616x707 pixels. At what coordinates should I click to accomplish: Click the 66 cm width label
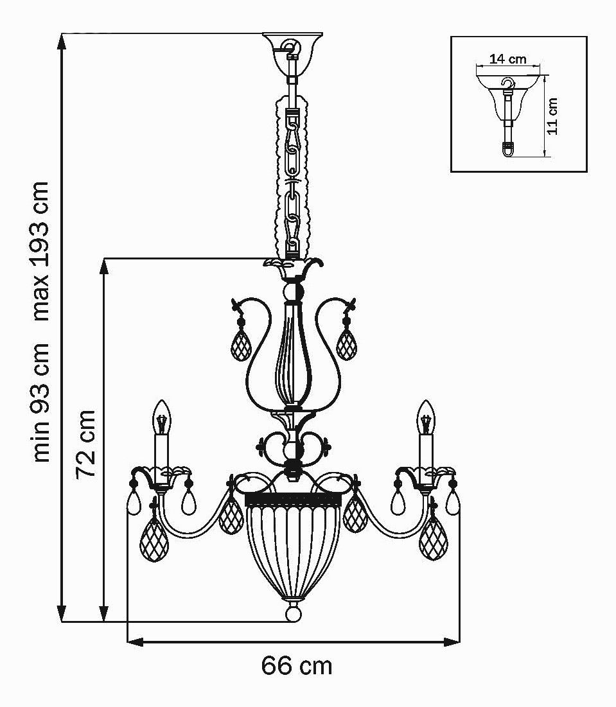coord(296,666)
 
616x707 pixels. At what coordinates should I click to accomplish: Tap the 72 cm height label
coord(85,444)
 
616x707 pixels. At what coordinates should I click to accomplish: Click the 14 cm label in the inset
coord(508,58)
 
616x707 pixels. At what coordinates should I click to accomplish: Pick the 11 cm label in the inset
coord(552,116)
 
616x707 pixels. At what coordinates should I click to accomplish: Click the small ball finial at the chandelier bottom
coord(294,613)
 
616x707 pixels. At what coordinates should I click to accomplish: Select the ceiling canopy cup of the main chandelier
coord(293,51)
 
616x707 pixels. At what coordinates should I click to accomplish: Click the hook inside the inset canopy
coord(508,84)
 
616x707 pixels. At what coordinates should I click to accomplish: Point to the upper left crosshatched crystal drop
coord(240,345)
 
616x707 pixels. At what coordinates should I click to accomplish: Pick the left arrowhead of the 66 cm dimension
coord(136,642)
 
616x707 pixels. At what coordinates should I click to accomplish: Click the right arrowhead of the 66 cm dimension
coord(452,642)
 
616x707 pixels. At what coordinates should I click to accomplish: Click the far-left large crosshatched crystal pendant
coord(154,539)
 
